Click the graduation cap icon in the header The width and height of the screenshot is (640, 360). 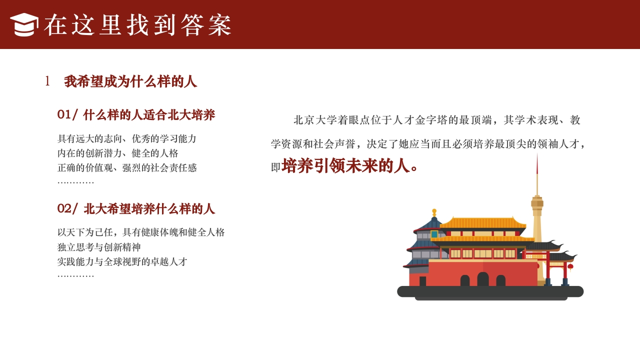coord(24,24)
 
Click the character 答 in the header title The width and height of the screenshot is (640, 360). coord(193,25)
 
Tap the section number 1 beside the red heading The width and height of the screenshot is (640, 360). coord(47,81)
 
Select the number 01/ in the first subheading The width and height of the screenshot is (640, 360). coord(67,115)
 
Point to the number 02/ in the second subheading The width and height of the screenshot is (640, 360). coord(67,209)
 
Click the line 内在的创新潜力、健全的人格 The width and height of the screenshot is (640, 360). coord(118,153)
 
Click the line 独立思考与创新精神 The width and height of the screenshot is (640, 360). coord(99,247)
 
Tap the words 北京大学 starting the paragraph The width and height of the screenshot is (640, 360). coord(309,120)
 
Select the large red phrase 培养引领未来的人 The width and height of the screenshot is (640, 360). coord(345,166)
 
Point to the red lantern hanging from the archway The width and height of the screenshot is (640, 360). coord(570,267)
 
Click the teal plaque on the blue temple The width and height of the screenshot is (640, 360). coord(434,234)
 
